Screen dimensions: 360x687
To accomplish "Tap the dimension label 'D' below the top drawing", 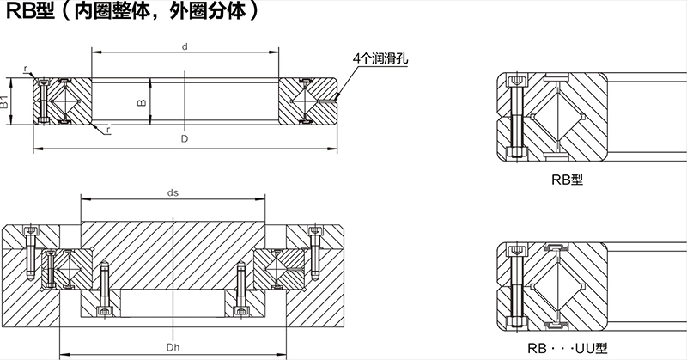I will [x=185, y=137].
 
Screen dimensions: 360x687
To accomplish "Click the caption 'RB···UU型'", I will [x=568, y=348].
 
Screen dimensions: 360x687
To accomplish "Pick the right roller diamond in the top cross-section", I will [x=307, y=103].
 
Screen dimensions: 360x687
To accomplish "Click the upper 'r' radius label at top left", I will [x=27, y=69].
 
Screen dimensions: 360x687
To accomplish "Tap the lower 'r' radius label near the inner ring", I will [x=109, y=130].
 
